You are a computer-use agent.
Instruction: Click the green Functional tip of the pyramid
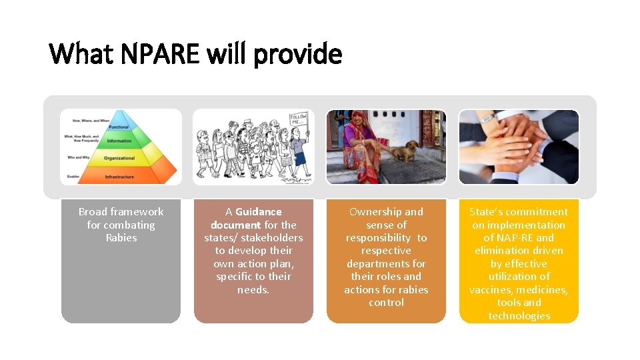pyautogui.click(x=120, y=127)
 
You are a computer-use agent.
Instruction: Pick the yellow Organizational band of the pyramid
pyautogui.click(x=120, y=159)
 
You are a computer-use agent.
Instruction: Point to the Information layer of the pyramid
pyautogui.click(x=120, y=141)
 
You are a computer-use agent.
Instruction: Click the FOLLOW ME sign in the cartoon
pyautogui.click(x=298, y=122)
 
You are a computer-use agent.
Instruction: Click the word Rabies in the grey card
pyautogui.click(x=121, y=238)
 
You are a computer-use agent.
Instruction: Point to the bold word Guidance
pyautogui.click(x=259, y=212)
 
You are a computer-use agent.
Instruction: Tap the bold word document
pyautogui.click(x=235, y=225)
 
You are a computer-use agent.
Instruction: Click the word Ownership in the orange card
pyautogui.click(x=377, y=212)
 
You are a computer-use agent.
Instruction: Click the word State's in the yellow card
pyautogui.click(x=486, y=212)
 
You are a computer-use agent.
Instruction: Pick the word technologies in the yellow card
pyautogui.click(x=519, y=315)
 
